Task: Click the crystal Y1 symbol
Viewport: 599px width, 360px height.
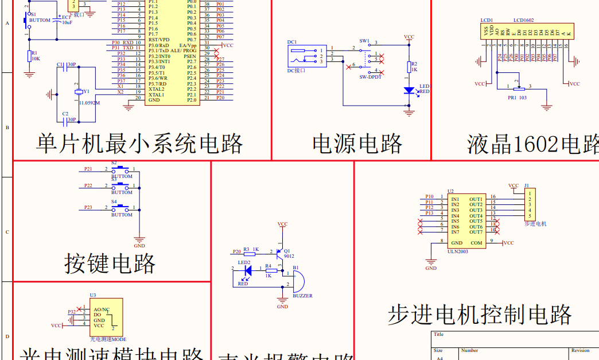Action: point(79,92)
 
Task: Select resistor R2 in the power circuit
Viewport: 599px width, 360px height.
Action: point(409,67)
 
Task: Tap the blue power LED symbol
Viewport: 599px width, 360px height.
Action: point(409,90)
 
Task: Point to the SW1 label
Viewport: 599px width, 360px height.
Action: point(364,41)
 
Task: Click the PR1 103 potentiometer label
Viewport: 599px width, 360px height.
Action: point(517,98)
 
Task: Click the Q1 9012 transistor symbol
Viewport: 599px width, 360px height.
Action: point(281,252)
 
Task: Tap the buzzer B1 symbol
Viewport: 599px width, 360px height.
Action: point(298,281)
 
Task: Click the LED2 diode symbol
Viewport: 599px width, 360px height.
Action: point(248,269)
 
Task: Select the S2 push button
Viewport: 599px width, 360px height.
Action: point(121,169)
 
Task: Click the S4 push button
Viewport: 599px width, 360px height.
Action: point(121,207)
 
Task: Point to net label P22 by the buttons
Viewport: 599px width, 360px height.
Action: point(88,185)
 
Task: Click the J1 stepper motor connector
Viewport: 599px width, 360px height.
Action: point(530,205)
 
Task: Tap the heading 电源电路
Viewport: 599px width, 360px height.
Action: point(357,144)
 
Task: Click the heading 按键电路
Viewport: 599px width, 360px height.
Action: point(110,264)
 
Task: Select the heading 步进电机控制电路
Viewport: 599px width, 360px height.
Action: point(480,315)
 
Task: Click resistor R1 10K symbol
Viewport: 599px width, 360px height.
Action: point(29,56)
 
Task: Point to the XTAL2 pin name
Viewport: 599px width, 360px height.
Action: point(156,89)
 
